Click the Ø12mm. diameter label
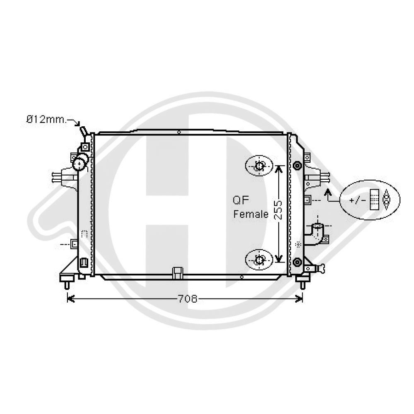coord(46,120)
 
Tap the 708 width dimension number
coord(188,298)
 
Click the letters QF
coord(241,200)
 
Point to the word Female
coord(251,214)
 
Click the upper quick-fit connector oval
coord(259,166)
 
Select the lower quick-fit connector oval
coord(259,260)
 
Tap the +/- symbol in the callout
coord(358,200)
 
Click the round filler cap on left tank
coord(79,164)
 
